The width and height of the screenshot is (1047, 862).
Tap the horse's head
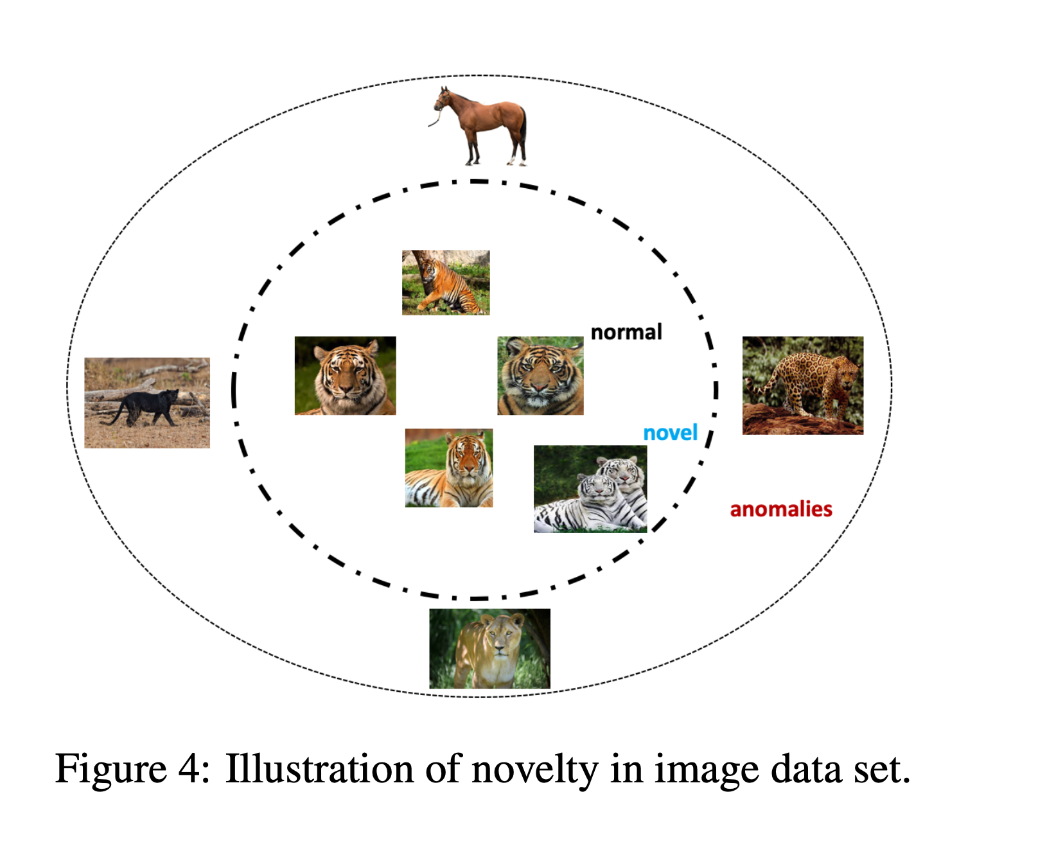[442, 100]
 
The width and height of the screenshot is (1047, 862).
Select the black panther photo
[147, 403]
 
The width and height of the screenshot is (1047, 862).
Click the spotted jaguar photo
[803, 385]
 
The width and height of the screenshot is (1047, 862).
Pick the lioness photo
[489, 649]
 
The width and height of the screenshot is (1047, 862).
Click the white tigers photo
[590, 489]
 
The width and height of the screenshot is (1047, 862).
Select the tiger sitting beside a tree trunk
[446, 283]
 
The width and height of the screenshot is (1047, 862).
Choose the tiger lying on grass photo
[449, 468]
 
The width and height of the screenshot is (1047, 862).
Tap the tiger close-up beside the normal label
[540, 376]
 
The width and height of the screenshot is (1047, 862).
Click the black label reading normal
[626, 332]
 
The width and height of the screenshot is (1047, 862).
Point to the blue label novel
[670, 433]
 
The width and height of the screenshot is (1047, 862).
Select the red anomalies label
[781, 509]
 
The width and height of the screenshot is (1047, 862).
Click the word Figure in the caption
[111, 769]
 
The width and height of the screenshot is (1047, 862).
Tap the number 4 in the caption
[190, 769]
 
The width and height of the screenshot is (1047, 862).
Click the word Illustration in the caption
[319, 769]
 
